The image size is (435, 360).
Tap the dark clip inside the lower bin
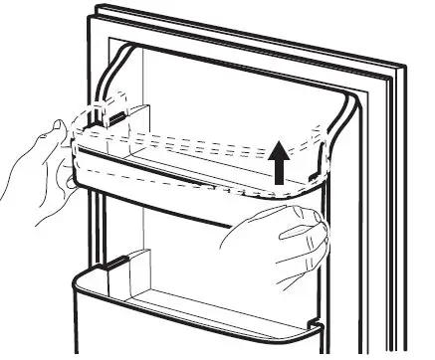tap(117, 266)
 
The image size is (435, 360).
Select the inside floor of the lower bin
tap(199, 283)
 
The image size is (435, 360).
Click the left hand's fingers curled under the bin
tap(66, 174)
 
